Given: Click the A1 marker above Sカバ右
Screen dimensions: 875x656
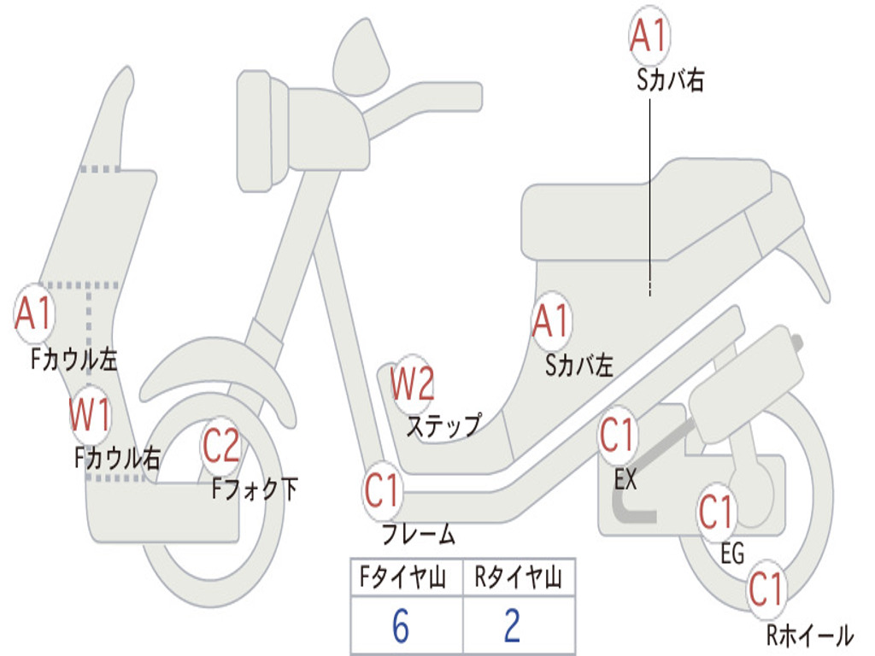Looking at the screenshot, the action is click(x=649, y=36).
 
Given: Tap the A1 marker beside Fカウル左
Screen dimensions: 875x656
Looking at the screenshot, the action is click(x=35, y=313).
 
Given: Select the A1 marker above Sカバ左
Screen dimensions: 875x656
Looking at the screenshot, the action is click(x=551, y=322).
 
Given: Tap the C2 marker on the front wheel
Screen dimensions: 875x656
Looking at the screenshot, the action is click(x=221, y=446).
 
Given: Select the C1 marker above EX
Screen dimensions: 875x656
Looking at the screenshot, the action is click(x=618, y=436).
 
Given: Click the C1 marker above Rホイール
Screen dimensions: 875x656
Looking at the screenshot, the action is click(x=766, y=589).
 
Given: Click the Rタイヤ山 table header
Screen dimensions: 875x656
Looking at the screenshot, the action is click(x=518, y=578).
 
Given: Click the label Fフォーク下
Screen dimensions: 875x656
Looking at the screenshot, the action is click(x=255, y=489).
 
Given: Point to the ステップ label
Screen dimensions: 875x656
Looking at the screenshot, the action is click(x=443, y=425).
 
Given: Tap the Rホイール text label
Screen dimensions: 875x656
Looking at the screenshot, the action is click(x=808, y=635).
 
